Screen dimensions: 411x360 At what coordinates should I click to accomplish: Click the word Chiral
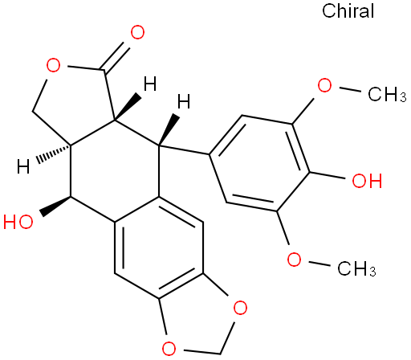point(348,11)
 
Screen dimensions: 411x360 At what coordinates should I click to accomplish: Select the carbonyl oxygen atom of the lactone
point(137,32)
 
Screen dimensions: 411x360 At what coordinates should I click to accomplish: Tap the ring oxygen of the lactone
point(53,65)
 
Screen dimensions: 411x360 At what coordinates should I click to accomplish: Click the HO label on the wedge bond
point(18,222)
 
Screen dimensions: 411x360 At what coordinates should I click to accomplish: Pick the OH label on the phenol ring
point(367,181)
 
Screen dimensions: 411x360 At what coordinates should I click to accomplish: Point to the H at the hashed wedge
point(23,166)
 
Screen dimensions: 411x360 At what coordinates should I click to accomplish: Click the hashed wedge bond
point(54,153)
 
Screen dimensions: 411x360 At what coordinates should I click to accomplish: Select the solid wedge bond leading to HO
point(55,207)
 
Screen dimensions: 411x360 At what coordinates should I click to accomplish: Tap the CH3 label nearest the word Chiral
point(387,94)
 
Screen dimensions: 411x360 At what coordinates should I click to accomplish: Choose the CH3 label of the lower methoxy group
point(356,268)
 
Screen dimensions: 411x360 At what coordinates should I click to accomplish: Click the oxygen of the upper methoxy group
point(324,85)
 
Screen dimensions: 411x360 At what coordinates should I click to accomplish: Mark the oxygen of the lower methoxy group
point(294,260)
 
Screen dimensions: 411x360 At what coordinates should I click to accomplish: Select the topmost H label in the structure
point(150,84)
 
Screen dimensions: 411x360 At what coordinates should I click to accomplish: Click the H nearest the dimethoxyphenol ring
point(184,101)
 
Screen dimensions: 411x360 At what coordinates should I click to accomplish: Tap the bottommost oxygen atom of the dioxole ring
point(169,348)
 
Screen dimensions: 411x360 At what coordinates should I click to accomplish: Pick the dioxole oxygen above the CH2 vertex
point(240,308)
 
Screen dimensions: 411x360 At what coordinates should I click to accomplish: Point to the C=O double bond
point(116,58)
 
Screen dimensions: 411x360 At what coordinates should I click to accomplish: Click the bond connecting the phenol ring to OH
point(328,175)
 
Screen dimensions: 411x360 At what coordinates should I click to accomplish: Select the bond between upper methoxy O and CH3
point(350,89)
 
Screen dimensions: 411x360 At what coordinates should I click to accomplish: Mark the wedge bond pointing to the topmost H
point(128,108)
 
